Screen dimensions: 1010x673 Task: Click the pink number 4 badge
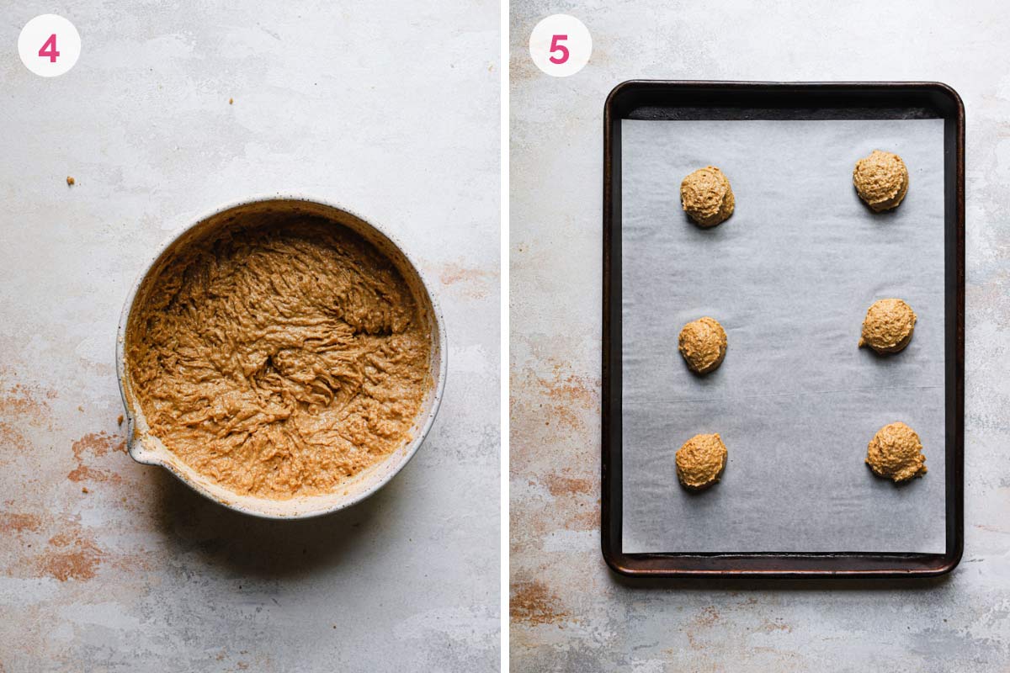tap(49, 45)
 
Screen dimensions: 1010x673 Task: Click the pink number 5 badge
tap(560, 45)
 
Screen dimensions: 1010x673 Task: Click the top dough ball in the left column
tap(707, 196)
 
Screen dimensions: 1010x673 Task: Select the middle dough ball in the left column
tap(703, 345)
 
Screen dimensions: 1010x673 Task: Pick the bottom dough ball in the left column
tap(701, 461)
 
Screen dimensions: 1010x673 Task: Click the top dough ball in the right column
tap(880, 180)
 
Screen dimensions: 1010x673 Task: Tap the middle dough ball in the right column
tap(887, 326)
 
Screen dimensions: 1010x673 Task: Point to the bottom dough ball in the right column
tap(896, 452)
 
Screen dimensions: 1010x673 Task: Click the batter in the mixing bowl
tap(279, 356)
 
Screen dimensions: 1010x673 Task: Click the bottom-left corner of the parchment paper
tap(622, 553)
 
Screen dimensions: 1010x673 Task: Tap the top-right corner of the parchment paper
tap(944, 119)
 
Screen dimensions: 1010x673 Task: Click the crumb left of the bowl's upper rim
tap(71, 181)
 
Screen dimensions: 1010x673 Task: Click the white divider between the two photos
tap(505, 336)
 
